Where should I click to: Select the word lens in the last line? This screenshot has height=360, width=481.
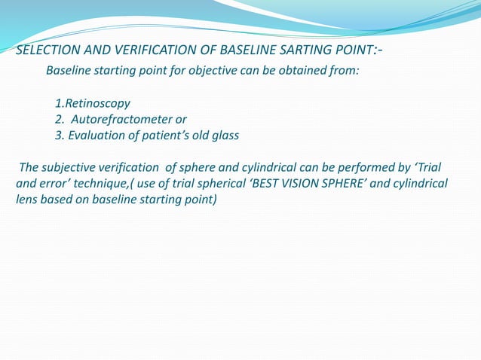click(27, 200)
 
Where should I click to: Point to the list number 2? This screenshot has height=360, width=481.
click(58, 119)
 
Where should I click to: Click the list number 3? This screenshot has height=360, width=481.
click(58, 136)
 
